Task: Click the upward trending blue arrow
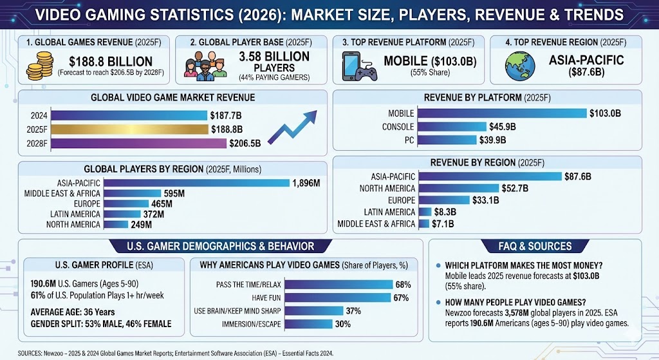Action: [x=292, y=127]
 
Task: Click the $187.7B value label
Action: [x=226, y=116]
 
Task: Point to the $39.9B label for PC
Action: [x=492, y=140]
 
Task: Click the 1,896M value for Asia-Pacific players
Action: [x=306, y=183]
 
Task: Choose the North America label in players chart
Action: [x=73, y=225]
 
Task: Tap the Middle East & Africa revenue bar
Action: [x=423, y=223]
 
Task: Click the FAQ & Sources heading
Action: [x=535, y=246]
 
